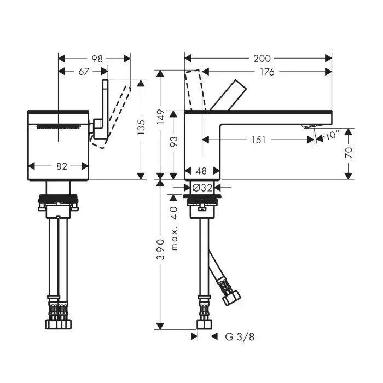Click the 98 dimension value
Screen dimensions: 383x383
(97, 59)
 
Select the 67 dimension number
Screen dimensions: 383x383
(84, 72)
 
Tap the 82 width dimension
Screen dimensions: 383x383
(61, 166)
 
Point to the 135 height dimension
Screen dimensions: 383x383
(141, 127)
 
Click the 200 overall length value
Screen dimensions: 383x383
(262, 59)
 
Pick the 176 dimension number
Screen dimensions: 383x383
(267, 72)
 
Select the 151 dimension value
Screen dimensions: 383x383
(258, 140)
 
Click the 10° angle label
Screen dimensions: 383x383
(332, 135)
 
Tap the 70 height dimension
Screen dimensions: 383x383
(349, 153)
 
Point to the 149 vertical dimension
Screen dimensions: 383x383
(160, 117)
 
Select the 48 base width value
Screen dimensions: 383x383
(201, 171)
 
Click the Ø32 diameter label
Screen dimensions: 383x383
(202, 188)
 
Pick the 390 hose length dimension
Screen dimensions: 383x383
(160, 249)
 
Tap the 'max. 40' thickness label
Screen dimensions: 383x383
(173, 229)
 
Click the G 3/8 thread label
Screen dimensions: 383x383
(240, 337)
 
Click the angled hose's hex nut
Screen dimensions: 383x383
(232, 297)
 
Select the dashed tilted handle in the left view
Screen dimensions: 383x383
(111, 117)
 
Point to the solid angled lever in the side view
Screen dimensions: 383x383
(228, 95)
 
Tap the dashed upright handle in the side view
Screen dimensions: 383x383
(195, 90)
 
